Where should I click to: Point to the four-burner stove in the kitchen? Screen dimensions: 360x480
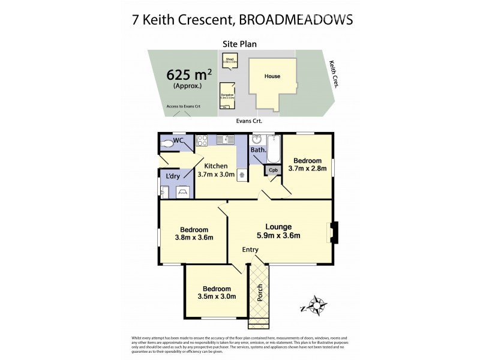pos(202,141)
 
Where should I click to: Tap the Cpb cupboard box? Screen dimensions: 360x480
pos(273,170)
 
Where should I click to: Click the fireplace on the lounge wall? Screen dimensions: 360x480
pos(334,232)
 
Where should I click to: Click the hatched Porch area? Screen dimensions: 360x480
pos(260,294)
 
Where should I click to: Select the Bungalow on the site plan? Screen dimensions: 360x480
pos(227,97)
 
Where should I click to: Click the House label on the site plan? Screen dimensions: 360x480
pos(272,76)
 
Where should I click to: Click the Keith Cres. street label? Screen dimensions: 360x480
pos(334,74)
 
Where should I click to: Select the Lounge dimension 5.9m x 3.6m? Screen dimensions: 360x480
pos(280,236)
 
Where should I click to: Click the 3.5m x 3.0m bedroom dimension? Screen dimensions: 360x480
pos(215,296)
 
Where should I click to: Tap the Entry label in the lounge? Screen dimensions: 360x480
pos(250,250)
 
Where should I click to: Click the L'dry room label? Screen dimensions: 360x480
pos(173,176)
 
